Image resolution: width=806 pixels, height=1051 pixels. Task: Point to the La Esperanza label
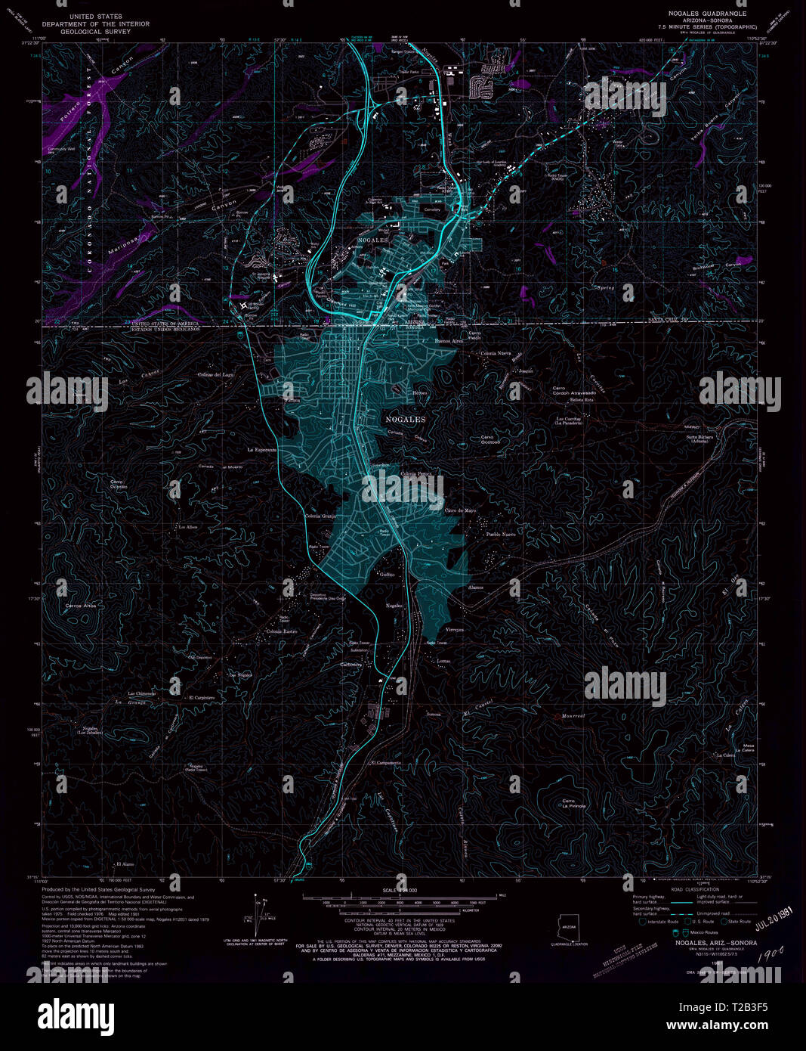tap(262, 449)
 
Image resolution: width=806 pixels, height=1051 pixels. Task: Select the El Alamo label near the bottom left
tap(125, 863)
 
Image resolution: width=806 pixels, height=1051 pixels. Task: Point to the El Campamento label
tap(385, 763)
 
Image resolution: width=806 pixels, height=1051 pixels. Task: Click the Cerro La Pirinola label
tap(573, 803)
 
